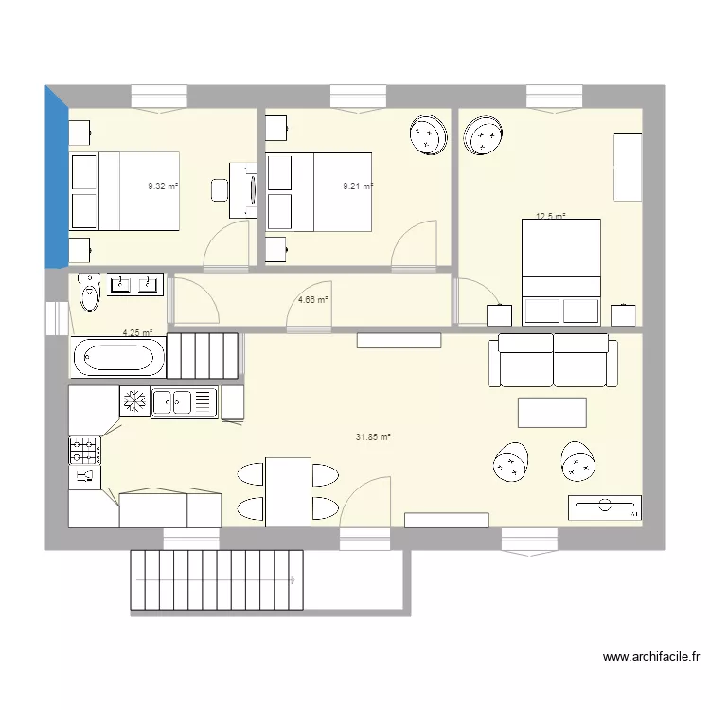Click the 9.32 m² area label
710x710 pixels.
[x=163, y=186]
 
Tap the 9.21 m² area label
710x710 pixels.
[x=358, y=186]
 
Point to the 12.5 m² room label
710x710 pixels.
[x=551, y=217]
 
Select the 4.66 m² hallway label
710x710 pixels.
[x=313, y=300]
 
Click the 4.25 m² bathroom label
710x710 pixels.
[x=137, y=333]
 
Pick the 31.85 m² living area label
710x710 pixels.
[x=373, y=437]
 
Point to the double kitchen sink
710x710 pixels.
[x=185, y=402]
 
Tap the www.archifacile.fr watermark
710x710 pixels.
[x=650, y=656]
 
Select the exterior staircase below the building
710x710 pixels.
[x=218, y=579]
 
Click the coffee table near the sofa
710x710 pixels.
[x=552, y=413]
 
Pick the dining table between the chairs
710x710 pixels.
[x=288, y=491]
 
